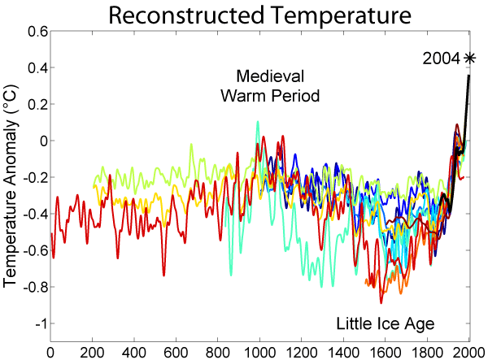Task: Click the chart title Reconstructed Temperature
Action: (x=259, y=15)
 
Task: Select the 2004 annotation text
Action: (x=442, y=59)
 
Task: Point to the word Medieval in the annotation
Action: (x=269, y=76)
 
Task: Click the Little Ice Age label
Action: (x=386, y=324)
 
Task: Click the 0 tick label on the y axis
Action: (x=41, y=141)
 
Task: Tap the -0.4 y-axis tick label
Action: (x=33, y=214)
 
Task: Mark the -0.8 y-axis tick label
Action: (x=33, y=287)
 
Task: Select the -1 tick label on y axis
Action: (x=37, y=323)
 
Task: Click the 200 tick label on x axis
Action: (x=92, y=353)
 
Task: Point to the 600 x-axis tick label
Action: (x=176, y=353)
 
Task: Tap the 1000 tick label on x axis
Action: (x=259, y=353)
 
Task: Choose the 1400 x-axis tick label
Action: (x=343, y=353)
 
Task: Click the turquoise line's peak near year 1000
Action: (x=258, y=123)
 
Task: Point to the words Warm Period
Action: (x=269, y=96)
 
